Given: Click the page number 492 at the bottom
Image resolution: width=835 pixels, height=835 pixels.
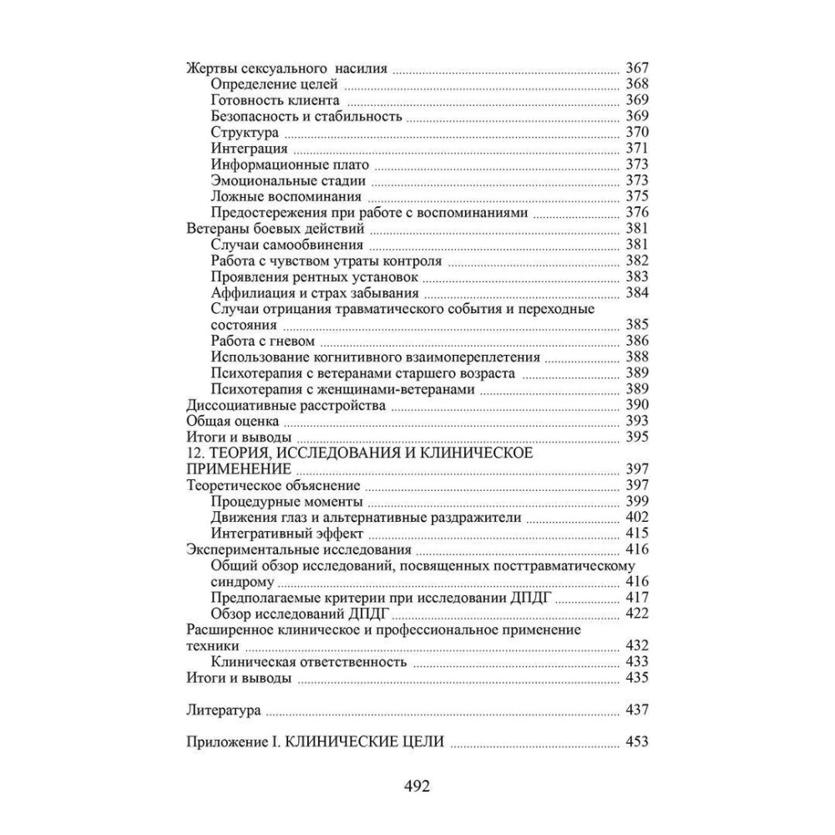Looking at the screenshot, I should pyautogui.click(x=416, y=786).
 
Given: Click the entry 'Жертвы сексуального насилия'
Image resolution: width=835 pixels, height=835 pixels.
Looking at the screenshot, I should pyautogui.click(x=286, y=69).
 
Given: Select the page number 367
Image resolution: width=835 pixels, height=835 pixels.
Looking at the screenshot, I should pyautogui.click(x=636, y=69).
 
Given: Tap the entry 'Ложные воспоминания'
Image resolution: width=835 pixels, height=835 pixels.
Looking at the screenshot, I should pyautogui.click(x=286, y=197).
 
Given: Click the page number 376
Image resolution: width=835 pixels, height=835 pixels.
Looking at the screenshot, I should pyautogui.click(x=636, y=213).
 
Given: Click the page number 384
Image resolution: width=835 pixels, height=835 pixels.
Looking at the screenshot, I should pyautogui.click(x=636, y=293).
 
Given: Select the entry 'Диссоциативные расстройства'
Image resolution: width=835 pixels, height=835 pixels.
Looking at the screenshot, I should pyautogui.click(x=285, y=406).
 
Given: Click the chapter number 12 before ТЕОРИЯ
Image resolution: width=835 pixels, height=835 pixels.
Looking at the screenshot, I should pyautogui.click(x=192, y=453).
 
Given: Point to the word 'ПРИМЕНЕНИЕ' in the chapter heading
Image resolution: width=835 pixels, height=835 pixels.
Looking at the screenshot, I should pyautogui.click(x=234, y=469).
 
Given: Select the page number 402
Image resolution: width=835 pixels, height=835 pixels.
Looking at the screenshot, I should pyautogui.click(x=636, y=518).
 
